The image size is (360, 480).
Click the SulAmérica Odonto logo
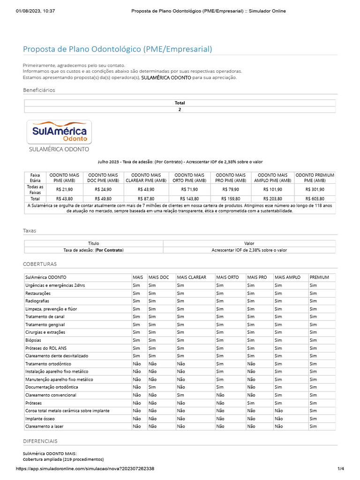[60, 132]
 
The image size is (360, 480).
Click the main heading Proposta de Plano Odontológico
[118, 49]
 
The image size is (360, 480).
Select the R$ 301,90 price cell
[315, 189]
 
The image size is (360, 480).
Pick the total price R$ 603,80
[315, 199]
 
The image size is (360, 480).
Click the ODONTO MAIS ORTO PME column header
[190, 178]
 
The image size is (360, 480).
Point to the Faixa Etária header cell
[35, 178]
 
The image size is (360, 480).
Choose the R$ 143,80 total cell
[190, 199]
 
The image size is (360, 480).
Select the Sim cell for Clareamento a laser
[314, 427]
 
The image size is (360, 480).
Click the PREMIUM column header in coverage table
[320, 277]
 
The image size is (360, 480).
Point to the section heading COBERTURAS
[40, 264]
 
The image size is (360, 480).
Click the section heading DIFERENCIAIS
[40, 441]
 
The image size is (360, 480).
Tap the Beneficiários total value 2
[180, 110]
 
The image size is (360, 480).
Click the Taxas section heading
[30, 231]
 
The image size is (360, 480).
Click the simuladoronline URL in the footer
[85, 469]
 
